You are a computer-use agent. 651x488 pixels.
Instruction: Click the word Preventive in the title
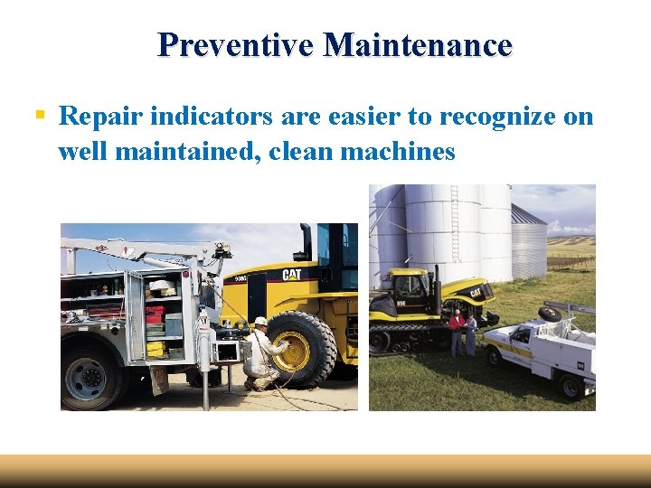(x=236, y=44)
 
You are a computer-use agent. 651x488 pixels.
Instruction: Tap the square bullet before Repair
(x=40, y=116)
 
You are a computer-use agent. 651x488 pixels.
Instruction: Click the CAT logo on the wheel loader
(x=291, y=275)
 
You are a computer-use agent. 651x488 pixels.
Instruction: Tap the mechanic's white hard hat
(x=260, y=322)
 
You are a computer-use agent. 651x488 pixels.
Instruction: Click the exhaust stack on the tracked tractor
(x=435, y=280)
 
